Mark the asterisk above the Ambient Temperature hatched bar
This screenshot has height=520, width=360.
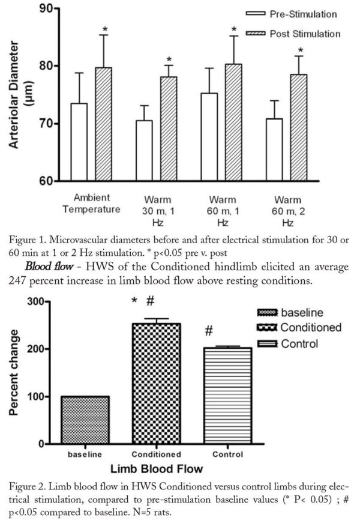click(104, 29)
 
